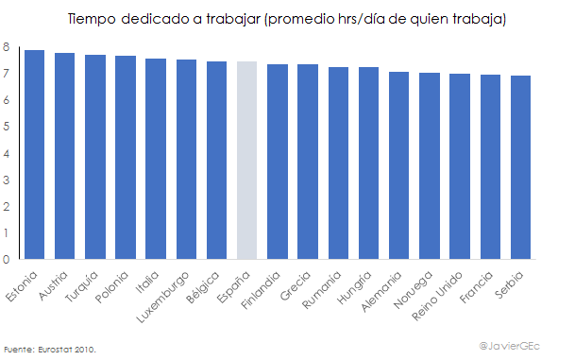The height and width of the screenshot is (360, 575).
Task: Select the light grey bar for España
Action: click(x=247, y=160)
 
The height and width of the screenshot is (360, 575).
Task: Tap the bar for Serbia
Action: click(x=520, y=167)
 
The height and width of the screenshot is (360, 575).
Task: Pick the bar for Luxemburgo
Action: click(x=187, y=159)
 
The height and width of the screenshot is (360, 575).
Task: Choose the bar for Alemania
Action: click(x=399, y=165)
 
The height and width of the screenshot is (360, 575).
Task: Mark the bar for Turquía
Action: click(x=95, y=157)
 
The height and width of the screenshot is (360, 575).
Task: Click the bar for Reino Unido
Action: click(x=460, y=166)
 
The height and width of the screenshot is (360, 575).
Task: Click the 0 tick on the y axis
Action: click(x=7, y=259)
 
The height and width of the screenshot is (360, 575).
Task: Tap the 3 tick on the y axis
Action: click(x=7, y=180)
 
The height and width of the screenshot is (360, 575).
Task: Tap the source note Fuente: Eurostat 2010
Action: click(x=50, y=349)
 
